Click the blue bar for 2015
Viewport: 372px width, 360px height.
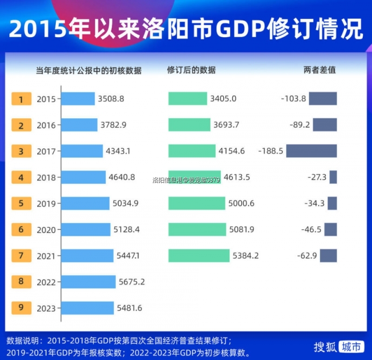coord(78,99)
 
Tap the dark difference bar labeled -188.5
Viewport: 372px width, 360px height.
coord(311,151)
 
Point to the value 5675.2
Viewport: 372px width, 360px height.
coord(132,282)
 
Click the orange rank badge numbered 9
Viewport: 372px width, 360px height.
coord(21,308)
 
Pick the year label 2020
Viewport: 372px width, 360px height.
coord(46,230)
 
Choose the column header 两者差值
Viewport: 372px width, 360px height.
coord(319,71)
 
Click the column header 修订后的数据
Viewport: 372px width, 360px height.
coord(191,71)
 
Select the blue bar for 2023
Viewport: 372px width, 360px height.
coord(88,308)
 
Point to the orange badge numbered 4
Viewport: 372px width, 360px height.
coord(21,177)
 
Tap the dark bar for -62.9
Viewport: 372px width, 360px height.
coord(328,256)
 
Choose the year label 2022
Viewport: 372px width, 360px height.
coord(46,282)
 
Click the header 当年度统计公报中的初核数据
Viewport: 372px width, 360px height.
coord(89,71)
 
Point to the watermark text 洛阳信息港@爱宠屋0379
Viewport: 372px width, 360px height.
coord(186,180)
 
